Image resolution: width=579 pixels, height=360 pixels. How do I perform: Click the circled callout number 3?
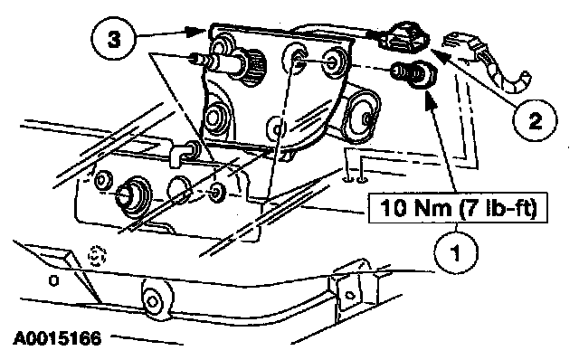click(x=114, y=39)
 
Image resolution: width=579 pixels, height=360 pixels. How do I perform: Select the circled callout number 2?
click(x=535, y=120)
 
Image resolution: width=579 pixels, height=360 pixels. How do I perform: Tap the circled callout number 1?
click(x=456, y=251)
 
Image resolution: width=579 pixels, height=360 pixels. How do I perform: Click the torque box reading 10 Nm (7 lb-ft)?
click(x=458, y=207)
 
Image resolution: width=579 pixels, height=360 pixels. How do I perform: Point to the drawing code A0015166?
click(x=57, y=338)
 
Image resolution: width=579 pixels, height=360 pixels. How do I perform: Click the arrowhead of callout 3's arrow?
click(x=197, y=32)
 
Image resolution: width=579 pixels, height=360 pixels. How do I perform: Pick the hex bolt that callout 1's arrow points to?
click(x=415, y=74)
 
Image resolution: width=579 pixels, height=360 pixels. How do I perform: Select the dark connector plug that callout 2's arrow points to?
click(x=404, y=36)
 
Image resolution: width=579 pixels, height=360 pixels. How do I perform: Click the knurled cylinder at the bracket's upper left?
click(x=253, y=67)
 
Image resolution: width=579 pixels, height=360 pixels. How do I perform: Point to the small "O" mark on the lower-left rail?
click(x=53, y=281)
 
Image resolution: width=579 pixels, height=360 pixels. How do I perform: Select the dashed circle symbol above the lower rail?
click(x=97, y=255)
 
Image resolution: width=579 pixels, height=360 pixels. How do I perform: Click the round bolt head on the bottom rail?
click(x=155, y=298)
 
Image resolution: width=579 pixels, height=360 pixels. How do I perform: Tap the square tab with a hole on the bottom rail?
click(x=349, y=294)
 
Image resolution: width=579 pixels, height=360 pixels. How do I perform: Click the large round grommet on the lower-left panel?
click(x=133, y=197)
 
